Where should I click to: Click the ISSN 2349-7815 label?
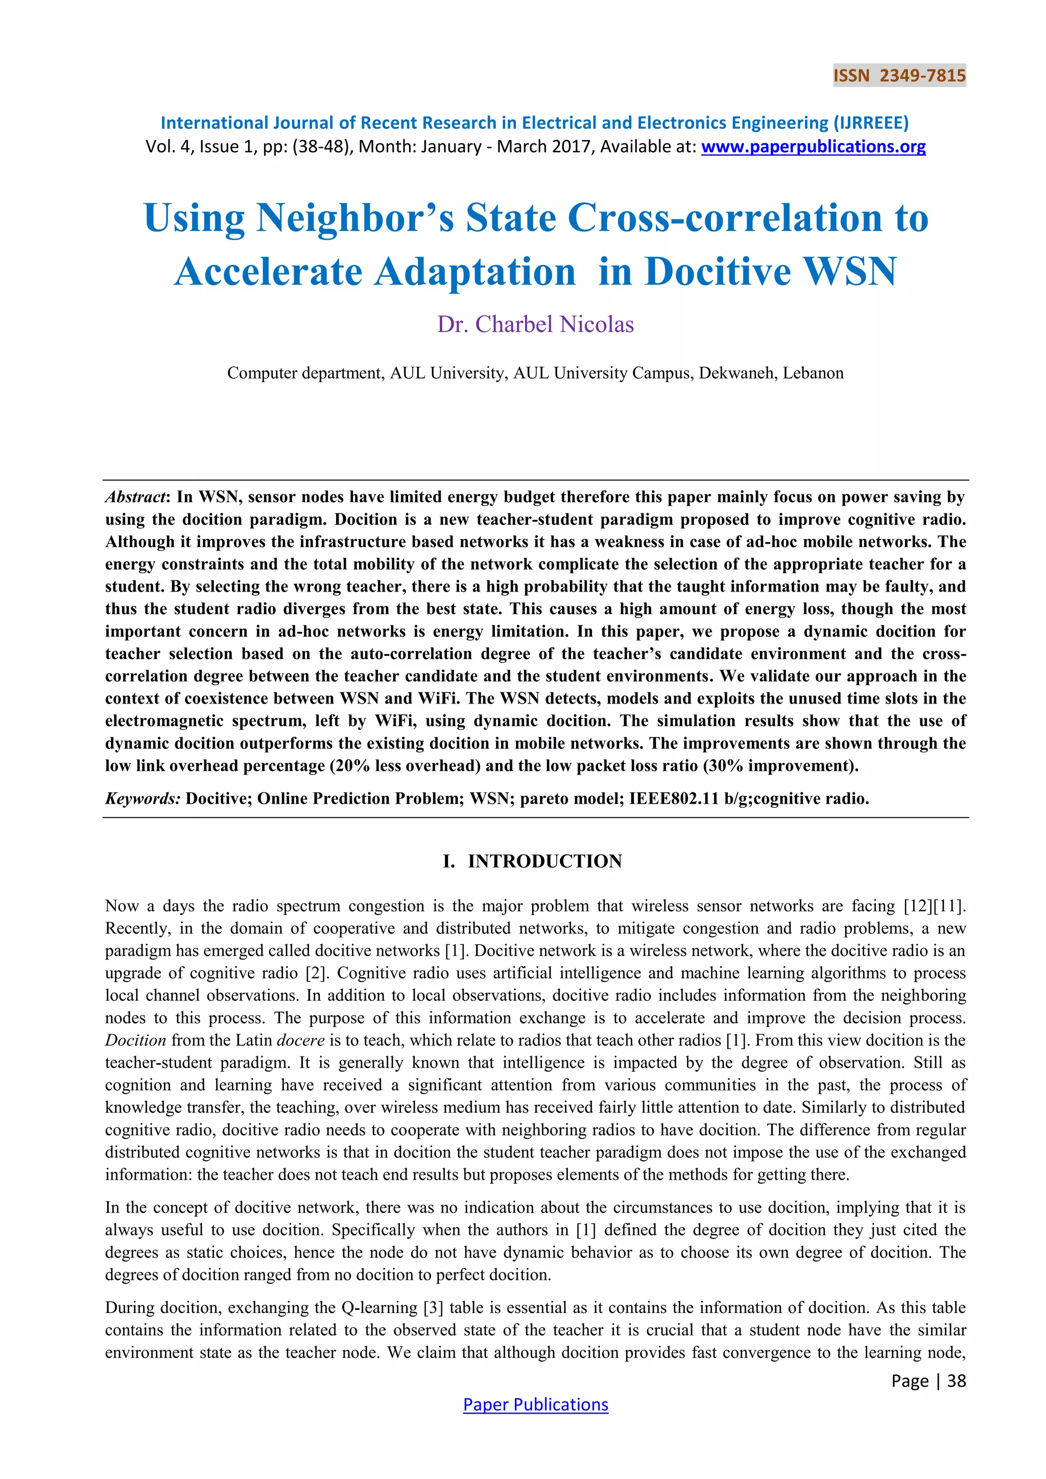click(899, 76)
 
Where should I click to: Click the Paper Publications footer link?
click(535, 1404)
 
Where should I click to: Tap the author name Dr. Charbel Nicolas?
click(535, 324)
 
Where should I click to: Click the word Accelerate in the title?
click(268, 271)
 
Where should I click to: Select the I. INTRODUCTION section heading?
click(533, 861)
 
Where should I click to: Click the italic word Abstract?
click(136, 497)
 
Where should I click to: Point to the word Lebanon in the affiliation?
click(813, 373)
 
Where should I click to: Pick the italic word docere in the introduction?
click(300, 1040)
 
